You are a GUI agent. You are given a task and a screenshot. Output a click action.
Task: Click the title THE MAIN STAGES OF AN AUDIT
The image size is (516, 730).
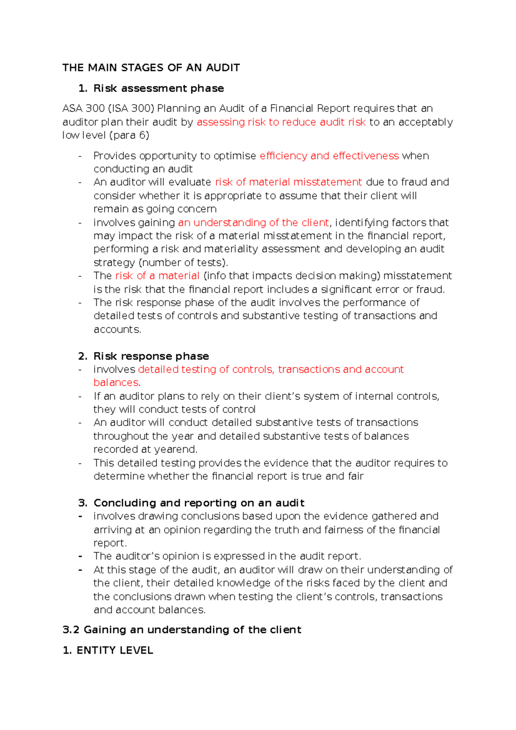click(x=151, y=68)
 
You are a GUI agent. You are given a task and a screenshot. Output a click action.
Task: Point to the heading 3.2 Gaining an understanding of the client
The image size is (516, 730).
click(x=181, y=630)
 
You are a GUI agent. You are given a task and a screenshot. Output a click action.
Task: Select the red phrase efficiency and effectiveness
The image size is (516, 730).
click(x=329, y=156)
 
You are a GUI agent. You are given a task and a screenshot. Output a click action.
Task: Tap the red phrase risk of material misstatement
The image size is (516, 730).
click(x=288, y=182)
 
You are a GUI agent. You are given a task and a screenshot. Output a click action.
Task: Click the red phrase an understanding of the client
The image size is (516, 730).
click(x=253, y=223)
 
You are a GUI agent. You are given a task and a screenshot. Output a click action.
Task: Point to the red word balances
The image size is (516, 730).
click(x=116, y=383)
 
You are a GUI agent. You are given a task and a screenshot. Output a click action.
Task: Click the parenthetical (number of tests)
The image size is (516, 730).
click(x=182, y=263)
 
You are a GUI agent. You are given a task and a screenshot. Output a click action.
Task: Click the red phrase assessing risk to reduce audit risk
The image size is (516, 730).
click(x=281, y=122)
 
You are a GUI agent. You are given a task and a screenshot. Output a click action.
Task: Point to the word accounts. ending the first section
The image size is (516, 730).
click(x=117, y=330)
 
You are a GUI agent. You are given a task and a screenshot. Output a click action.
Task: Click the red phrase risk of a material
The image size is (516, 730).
click(x=157, y=276)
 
